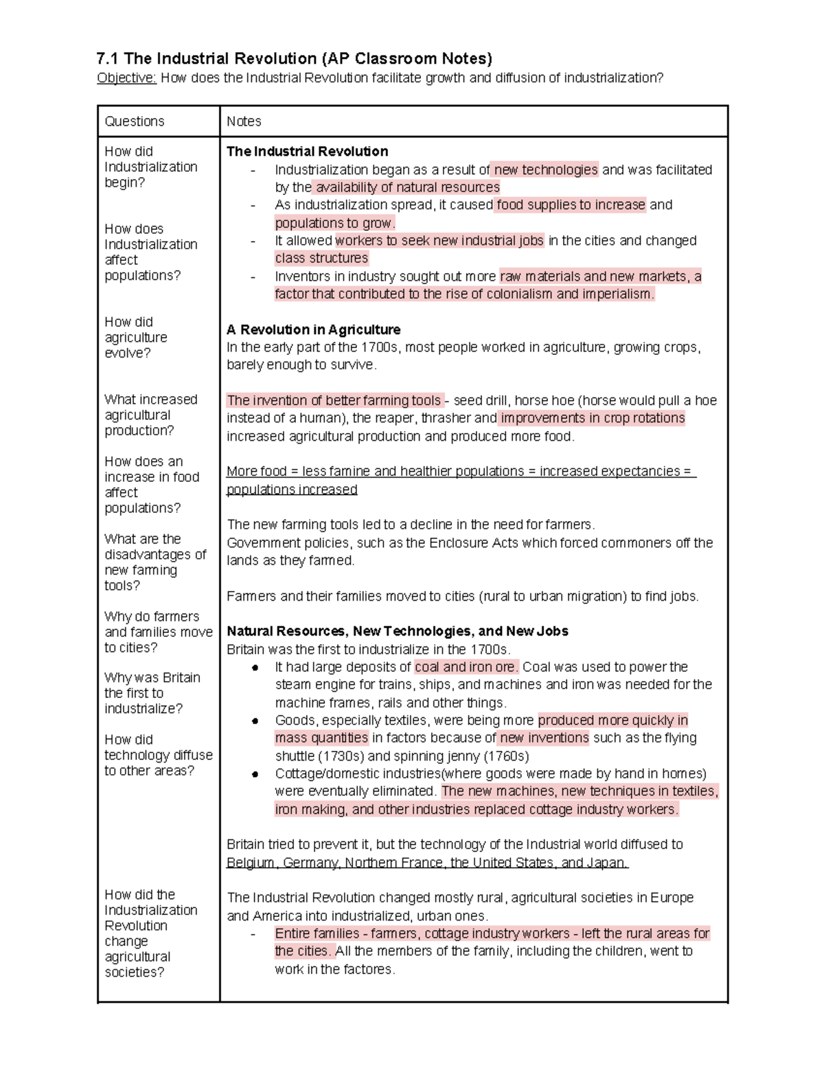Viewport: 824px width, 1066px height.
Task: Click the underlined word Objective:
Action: (127, 78)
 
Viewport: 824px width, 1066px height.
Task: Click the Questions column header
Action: (135, 121)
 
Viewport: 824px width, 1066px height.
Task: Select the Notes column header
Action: (244, 121)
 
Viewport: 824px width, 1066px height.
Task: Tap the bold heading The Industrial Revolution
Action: (307, 151)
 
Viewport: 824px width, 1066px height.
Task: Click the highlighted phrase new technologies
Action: (545, 170)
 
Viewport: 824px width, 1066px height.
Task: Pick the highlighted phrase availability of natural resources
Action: (407, 187)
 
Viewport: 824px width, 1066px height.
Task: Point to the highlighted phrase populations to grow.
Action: (335, 223)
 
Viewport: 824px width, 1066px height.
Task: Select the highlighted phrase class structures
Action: (321, 258)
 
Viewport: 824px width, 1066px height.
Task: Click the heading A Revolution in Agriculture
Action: (313, 329)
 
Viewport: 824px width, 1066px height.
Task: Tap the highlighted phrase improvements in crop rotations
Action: (593, 418)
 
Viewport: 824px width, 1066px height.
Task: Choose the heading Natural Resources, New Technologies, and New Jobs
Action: (397, 631)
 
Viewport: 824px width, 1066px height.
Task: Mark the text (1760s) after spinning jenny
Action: (507, 756)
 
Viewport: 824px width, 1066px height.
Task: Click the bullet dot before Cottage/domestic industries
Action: (255, 774)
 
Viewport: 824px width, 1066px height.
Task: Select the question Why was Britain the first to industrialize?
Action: (152, 693)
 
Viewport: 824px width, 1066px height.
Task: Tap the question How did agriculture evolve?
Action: (136, 337)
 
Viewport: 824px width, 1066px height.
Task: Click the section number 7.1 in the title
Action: (108, 58)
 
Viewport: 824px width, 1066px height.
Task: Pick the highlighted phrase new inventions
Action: (544, 738)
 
